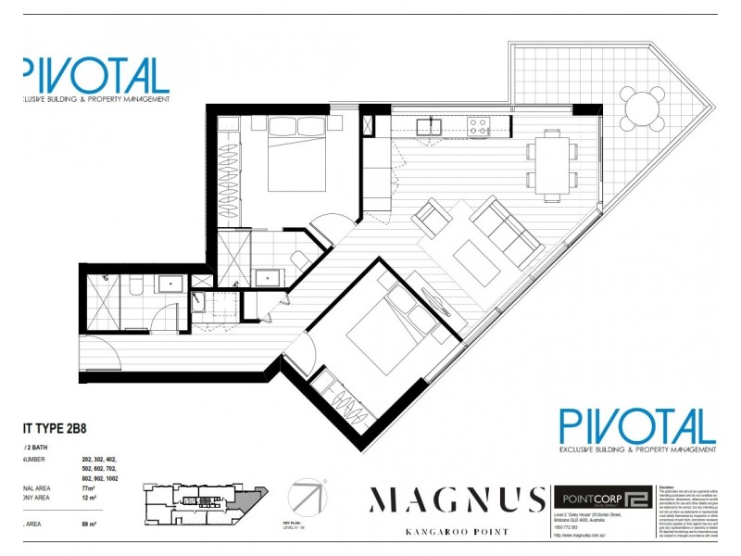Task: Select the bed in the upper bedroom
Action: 292,159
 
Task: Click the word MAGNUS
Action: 457,500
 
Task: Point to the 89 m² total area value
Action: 91,524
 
